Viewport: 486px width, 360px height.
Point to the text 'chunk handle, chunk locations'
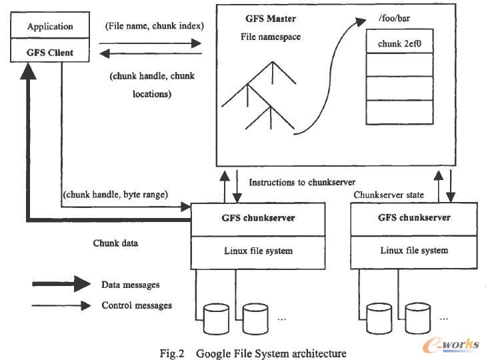tap(152, 85)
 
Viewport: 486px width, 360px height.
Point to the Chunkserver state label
tap(388, 195)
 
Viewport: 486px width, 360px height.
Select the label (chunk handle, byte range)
tap(116, 194)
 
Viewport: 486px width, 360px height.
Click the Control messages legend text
tap(137, 305)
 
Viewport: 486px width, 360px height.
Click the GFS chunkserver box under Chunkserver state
tap(413, 218)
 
